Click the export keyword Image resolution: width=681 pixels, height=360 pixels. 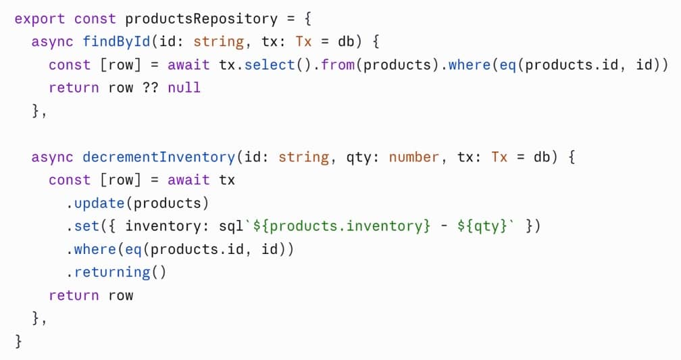[39, 19]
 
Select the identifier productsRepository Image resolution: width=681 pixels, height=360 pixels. [201, 19]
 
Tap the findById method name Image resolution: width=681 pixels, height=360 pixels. [116, 42]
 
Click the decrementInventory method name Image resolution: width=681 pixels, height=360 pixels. [159, 157]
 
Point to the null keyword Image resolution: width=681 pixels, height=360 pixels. [184, 88]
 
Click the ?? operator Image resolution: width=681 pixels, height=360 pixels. [150, 88]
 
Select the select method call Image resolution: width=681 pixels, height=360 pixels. [270, 65]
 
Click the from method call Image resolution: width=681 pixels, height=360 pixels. [338, 65]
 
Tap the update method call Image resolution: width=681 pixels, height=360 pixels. [99, 203]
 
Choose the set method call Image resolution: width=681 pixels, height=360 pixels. [87, 226]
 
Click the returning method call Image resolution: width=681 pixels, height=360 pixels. [112, 272]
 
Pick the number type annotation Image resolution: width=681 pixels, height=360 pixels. [414, 157]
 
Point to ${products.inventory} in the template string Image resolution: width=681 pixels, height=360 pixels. [342, 226]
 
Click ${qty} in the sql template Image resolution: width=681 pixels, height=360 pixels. [482, 226]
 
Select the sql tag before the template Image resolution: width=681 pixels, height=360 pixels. [231, 226]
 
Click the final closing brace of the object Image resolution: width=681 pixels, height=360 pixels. [18, 341]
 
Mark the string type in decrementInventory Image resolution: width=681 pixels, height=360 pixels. [303, 157]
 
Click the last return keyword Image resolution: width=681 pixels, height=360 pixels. [74, 295]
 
